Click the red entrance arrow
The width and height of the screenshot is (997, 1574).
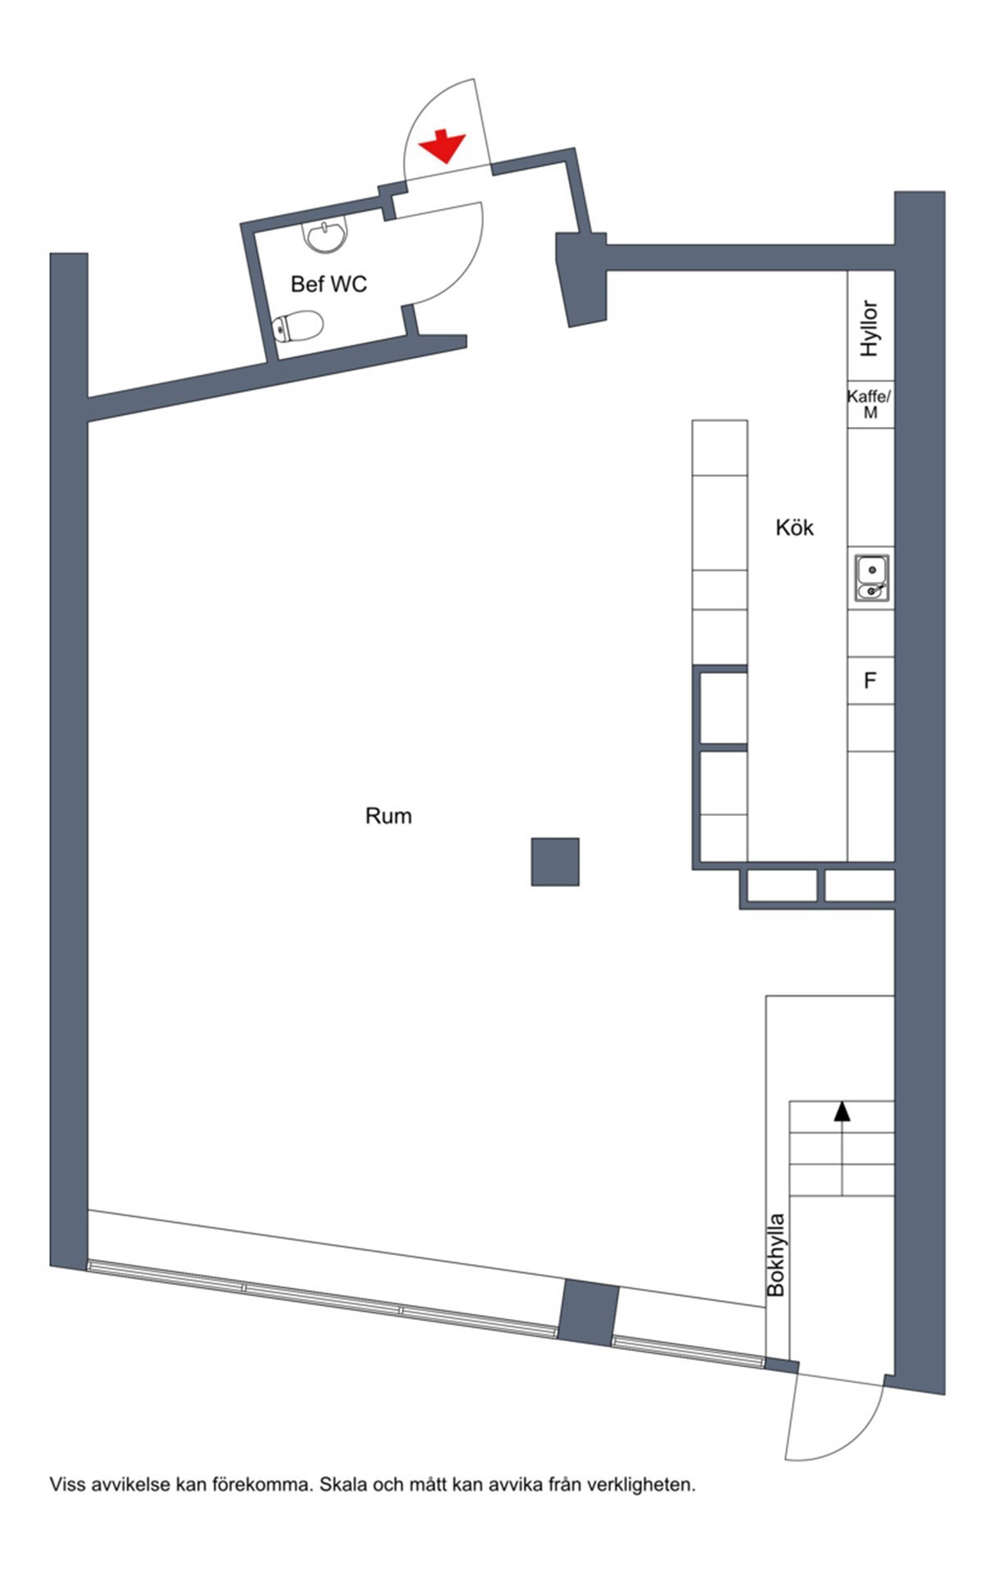pos(442,146)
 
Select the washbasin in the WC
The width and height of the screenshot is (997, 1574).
pos(324,236)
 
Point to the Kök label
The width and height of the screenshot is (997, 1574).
pos(794,527)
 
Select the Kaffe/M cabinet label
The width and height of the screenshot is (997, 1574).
pos(870,404)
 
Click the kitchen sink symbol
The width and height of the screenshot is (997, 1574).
pos(872,578)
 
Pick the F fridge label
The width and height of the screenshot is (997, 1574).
pos(870,681)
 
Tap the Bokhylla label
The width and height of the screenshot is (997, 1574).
pos(776,1256)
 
